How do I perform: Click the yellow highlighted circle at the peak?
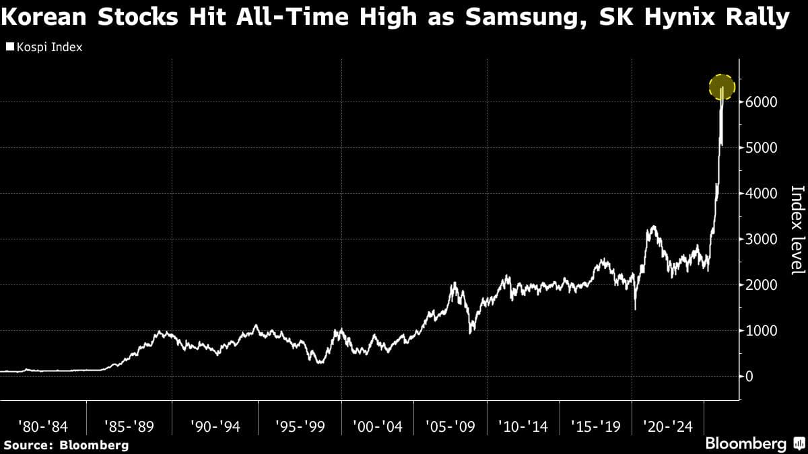(721, 87)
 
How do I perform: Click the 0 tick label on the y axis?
(748, 377)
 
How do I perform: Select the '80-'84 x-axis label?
(42, 426)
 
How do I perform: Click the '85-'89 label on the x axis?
(129, 426)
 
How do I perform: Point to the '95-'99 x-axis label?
(299, 426)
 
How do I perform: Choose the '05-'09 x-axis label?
(450, 426)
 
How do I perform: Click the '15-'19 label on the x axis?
(595, 426)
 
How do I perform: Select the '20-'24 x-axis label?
(667, 426)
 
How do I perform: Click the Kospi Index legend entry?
(44, 48)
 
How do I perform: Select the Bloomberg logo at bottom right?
(755, 444)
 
